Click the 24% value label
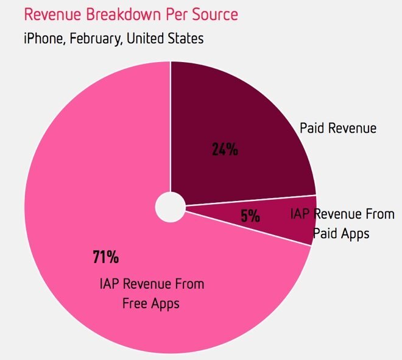225,149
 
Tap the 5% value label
250,216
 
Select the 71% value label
105,257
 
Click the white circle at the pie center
170,208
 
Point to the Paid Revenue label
338,129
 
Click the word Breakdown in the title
113,14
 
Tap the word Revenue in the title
49,14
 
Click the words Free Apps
151,303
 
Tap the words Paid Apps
341,233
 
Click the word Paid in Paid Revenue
312,129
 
